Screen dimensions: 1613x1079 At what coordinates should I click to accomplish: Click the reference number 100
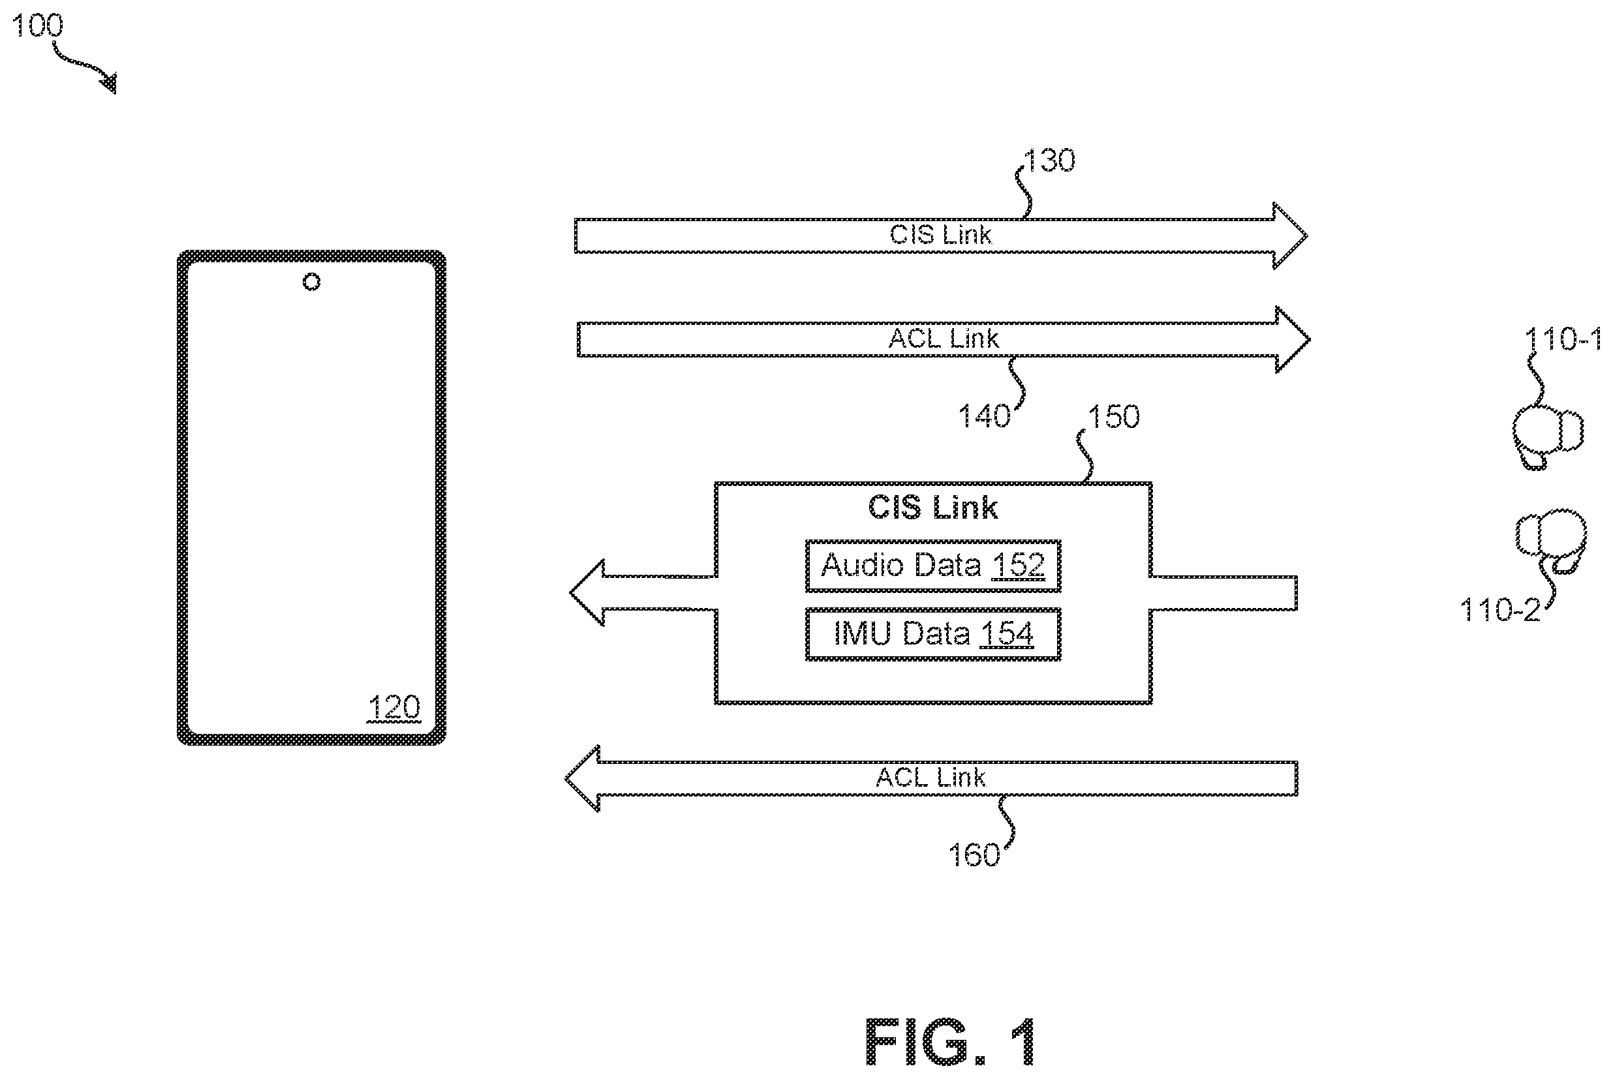pyautogui.click(x=38, y=25)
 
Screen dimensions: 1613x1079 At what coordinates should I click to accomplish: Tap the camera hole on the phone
pyautogui.click(x=312, y=281)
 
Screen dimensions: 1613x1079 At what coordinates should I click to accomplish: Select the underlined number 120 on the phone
pyautogui.click(x=393, y=707)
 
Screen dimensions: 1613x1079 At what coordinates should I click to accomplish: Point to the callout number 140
pyautogui.click(x=984, y=416)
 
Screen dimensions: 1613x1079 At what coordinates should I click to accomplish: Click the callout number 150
pyautogui.click(x=1114, y=416)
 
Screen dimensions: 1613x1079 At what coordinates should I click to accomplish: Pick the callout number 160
pyautogui.click(x=974, y=855)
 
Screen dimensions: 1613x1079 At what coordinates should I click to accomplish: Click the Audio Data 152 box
pyautogui.click(x=933, y=566)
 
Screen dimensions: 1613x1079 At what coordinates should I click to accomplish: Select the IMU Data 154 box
pyautogui.click(x=933, y=634)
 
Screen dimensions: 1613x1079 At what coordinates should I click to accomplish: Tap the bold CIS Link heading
pyautogui.click(x=933, y=508)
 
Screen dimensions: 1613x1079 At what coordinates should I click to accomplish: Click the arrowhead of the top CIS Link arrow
pyautogui.click(x=1290, y=236)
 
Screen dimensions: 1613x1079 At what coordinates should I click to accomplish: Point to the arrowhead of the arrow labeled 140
pyautogui.click(x=1293, y=339)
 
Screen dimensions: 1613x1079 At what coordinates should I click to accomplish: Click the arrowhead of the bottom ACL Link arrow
pyautogui.click(x=582, y=778)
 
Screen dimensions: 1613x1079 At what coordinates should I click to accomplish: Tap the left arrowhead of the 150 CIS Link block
pyautogui.click(x=587, y=592)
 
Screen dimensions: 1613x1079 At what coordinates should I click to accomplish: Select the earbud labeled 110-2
pyautogui.click(x=1551, y=541)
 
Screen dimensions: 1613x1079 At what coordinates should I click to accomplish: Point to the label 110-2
pyautogui.click(x=1500, y=611)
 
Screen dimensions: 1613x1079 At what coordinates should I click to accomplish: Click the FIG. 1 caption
pyautogui.click(x=950, y=1041)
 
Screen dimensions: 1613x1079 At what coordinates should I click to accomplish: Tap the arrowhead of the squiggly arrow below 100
pyautogui.click(x=110, y=83)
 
